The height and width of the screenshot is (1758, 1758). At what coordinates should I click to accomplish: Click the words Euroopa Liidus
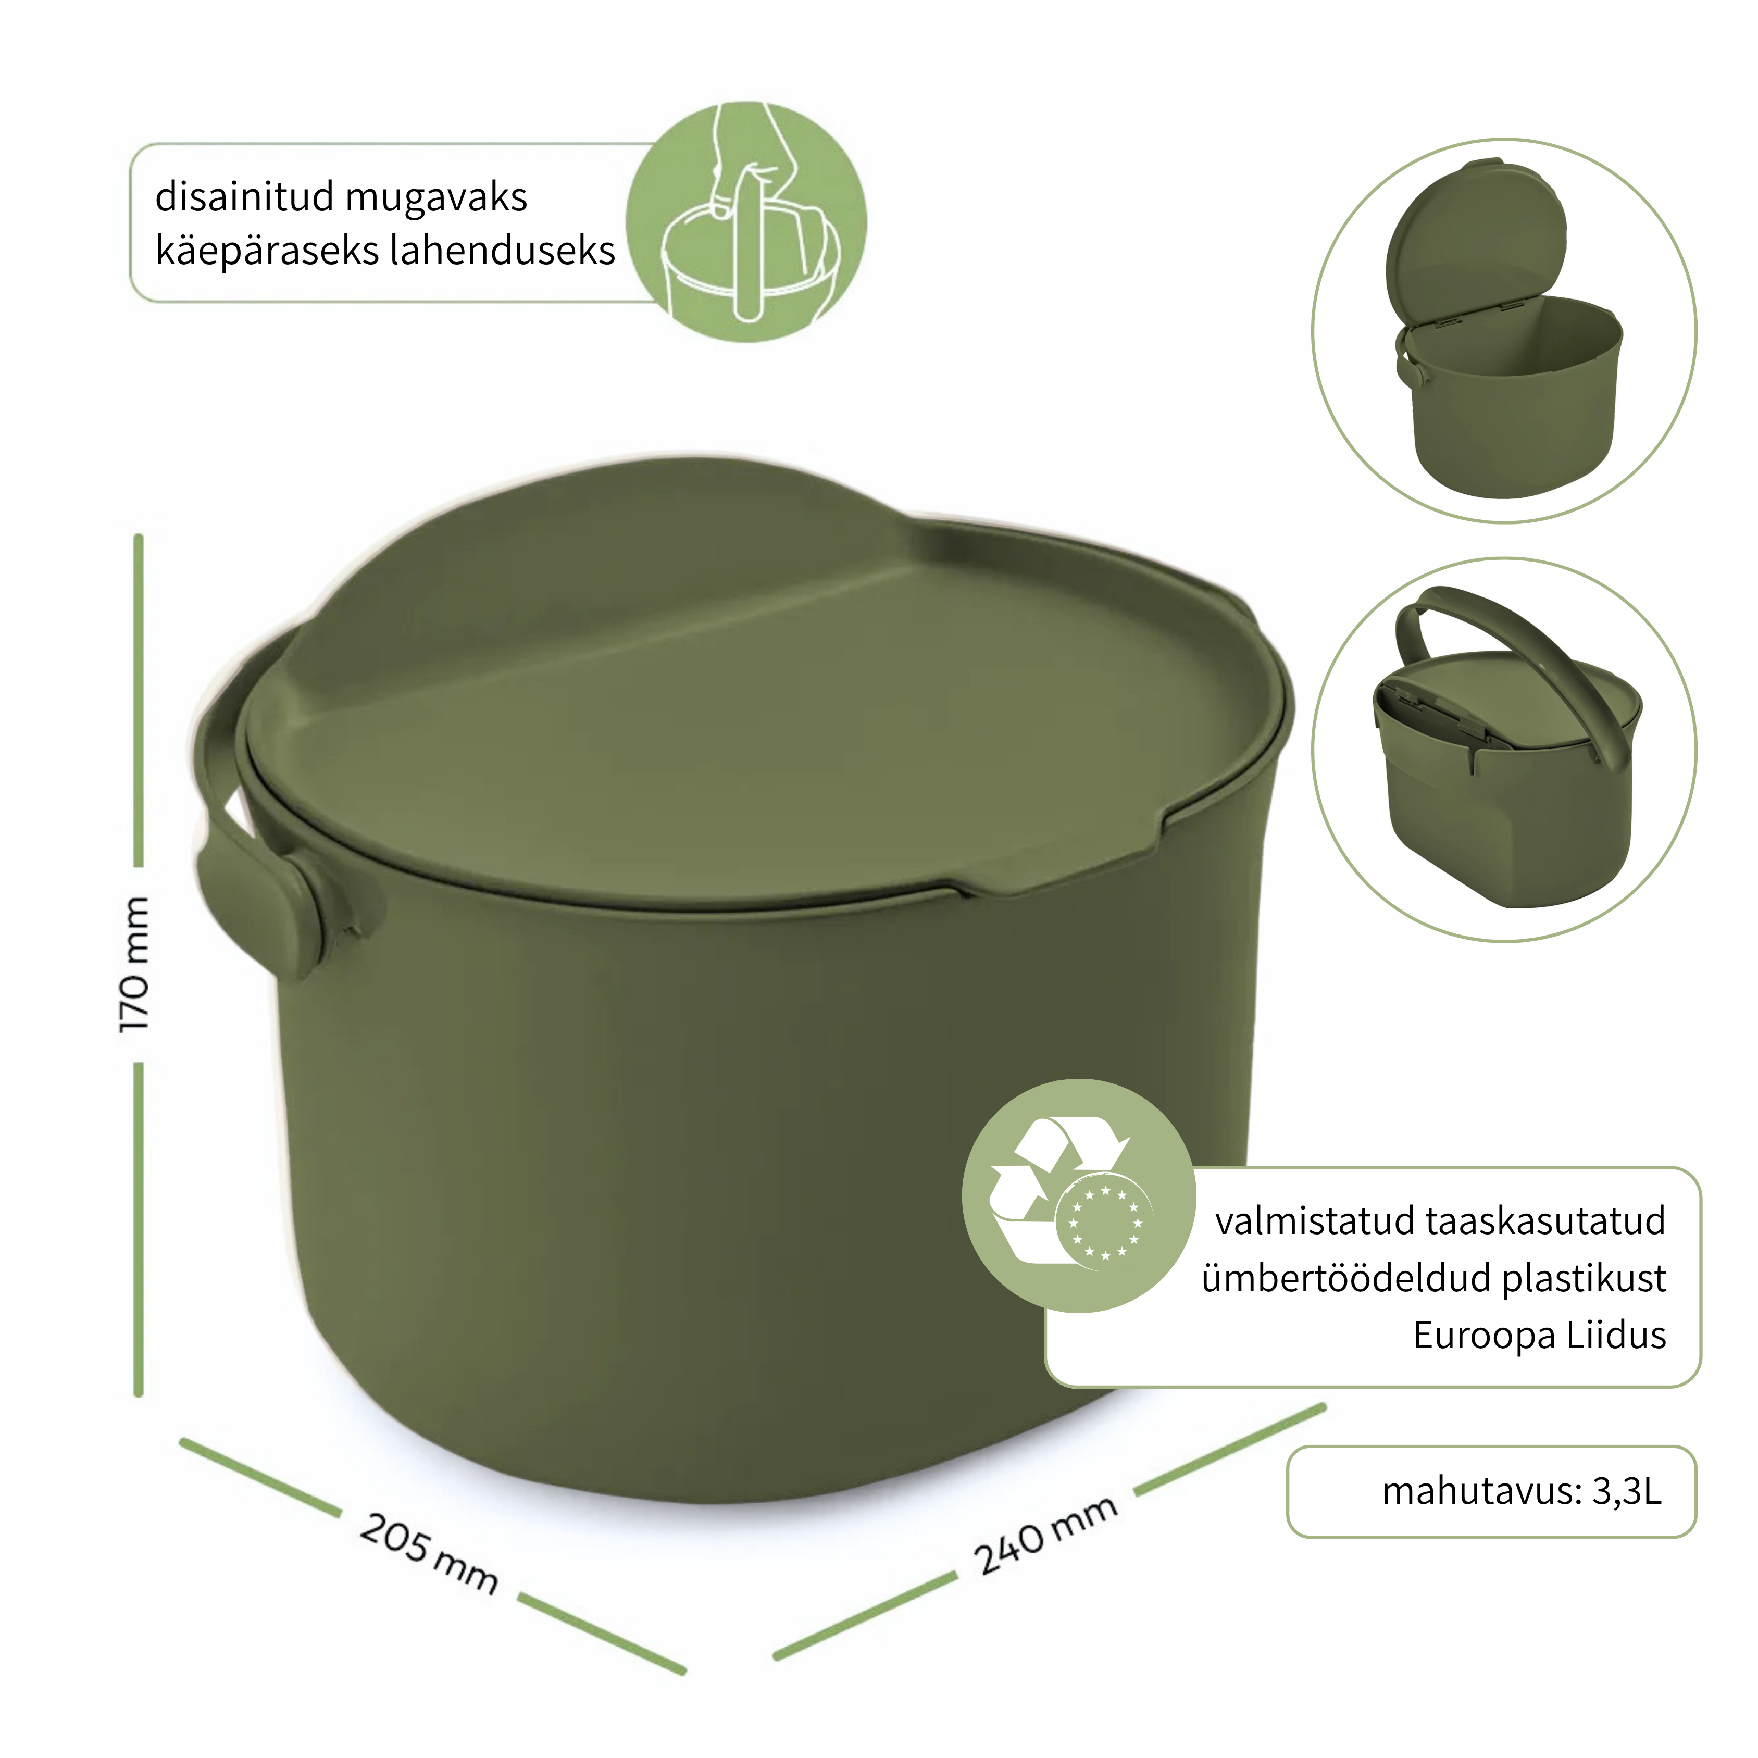click(1540, 1335)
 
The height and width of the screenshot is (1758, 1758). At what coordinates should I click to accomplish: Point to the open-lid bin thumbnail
click(1504, 330)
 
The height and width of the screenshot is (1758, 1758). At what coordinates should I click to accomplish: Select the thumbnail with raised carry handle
click(1504, 749)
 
